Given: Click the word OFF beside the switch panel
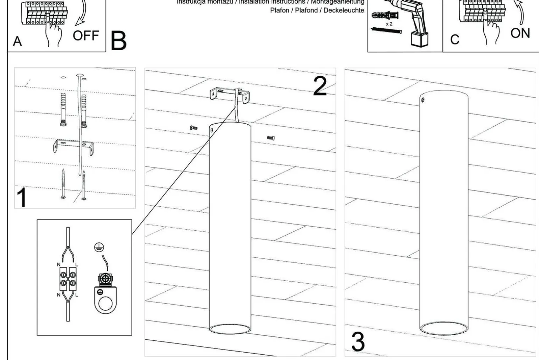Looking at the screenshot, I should (x=86, y=35).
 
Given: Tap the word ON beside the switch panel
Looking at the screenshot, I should (x=520, y=33).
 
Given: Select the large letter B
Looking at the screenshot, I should (x=118, y=41).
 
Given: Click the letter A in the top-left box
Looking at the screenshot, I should (x=17, y=41).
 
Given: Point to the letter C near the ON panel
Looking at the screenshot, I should (x=455, y=40).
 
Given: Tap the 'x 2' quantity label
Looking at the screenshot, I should (x=389, y=24).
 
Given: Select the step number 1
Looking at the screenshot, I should (x=22, y=198).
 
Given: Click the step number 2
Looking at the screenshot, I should (x=320, y=86).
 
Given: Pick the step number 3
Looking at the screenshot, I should (x=358, y=342).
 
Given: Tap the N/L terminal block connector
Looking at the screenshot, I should (x=67, y=277).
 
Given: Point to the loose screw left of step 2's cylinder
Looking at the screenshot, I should (x=193, y=128).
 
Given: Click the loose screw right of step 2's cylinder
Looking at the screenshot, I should (x=271, y=138).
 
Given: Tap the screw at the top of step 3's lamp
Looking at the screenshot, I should (x=423, y=100).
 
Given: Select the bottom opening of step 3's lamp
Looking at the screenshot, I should (x=443, y=329).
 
